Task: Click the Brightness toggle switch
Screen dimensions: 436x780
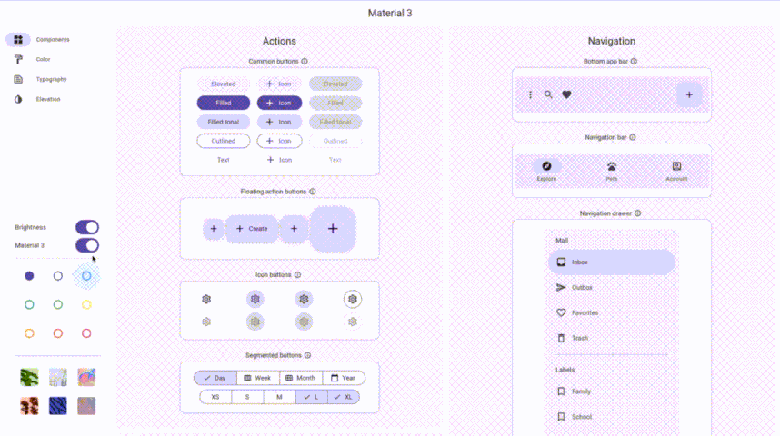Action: tap(87, 227)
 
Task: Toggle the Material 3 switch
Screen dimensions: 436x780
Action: tap(87, 245)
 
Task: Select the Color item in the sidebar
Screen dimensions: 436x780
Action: tap(43, 59)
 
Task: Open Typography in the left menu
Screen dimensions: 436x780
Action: tap(51, 79)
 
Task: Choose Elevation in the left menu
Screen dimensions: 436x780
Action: tap(48, 99)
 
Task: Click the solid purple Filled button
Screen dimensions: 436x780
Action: tap(223, 103)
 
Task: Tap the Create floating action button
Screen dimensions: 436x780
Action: tap(252, 229)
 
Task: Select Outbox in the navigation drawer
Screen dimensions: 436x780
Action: tap(582, 287)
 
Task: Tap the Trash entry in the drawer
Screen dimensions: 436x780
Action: tap(579, 338)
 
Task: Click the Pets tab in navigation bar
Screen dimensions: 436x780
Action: tap(612, 171)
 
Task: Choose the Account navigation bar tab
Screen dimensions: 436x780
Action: tap(676, 171)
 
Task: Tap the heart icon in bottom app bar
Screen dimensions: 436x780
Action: tap(566, 94)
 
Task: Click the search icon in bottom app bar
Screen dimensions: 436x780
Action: tap(548, 94)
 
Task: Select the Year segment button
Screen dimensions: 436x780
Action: tap(343, 378)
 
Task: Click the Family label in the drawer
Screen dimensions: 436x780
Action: tap(581, 391)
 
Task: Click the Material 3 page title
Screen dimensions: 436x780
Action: tap(390, 14)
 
